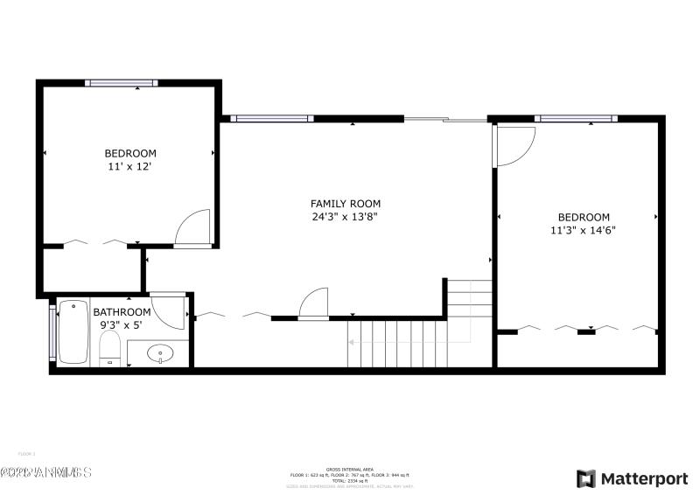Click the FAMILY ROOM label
click(346, 204)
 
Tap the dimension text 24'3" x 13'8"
click(346, 217)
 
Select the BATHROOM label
click(122, 311)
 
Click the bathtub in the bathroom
click(73, 331)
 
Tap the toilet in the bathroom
click(109, 353)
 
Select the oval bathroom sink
click(160, 354)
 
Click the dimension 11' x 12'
click(130, 166)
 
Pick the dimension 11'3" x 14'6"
click(584, 231)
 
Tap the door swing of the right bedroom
click(514, 145)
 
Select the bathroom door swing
click(171, 310)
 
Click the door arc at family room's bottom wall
click(314, 303)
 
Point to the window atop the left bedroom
click(122, 82)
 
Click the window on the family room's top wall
click(271, 118)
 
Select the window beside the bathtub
click(52, 331)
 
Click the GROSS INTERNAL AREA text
click(349, 469)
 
